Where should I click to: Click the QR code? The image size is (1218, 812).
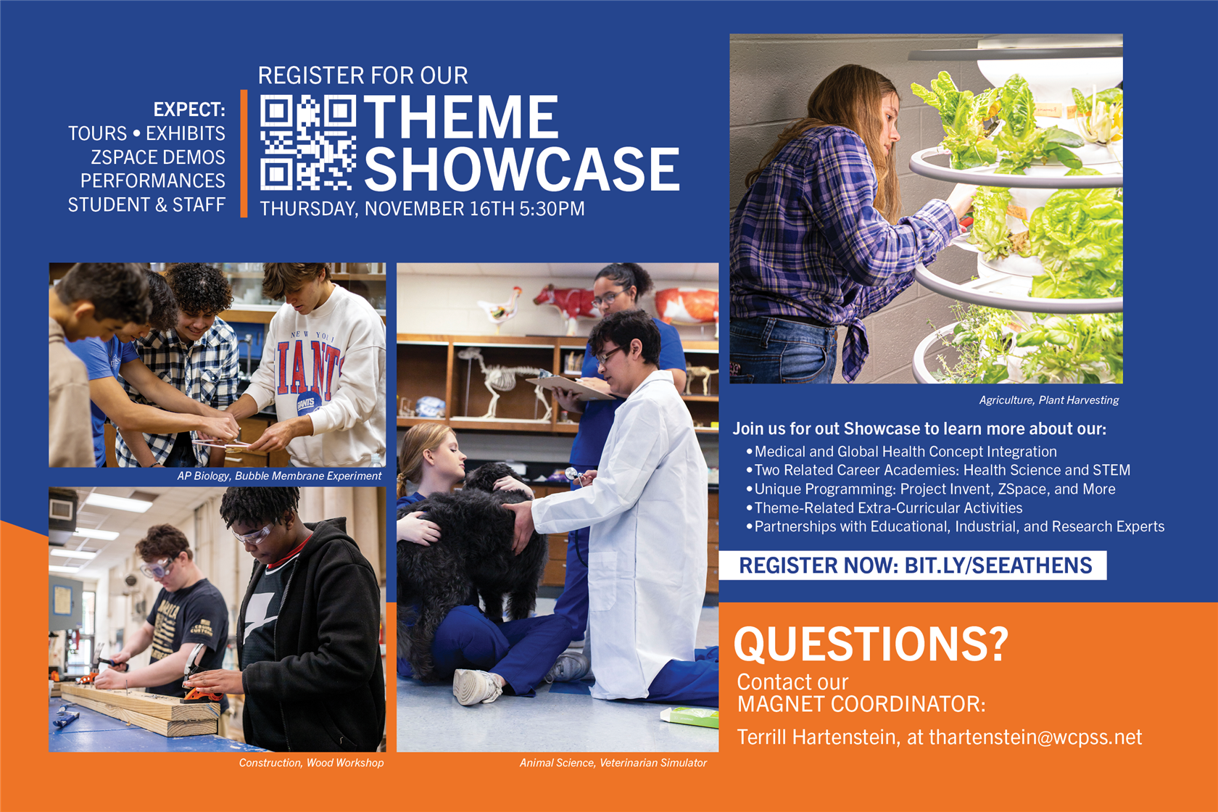(x=307, y=143)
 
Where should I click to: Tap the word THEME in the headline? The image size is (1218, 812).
(x=462, y=117)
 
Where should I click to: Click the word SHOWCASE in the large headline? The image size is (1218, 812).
(x=522, y=169)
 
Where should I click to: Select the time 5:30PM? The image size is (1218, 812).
(x=551, y=209)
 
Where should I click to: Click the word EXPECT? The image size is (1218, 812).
(x=189, y=109)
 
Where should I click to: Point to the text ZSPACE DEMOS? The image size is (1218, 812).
(x=158, y=157)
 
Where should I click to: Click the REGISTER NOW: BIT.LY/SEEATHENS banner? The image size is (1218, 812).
(x=913, y=565)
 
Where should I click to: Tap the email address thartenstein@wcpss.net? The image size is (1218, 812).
(x=1035, y=737)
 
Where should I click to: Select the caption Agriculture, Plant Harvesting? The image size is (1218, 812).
(x=1049, y=400)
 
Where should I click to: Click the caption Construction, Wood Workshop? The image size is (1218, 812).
(x=311, y=763)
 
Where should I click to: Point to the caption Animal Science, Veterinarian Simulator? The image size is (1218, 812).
(x=613, y=763)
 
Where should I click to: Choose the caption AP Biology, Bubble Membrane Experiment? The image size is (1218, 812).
(x=280, y=476)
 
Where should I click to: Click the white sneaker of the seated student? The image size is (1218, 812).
(x=476, y=687)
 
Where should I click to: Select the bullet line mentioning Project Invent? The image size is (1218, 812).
(x=931, y=489)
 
